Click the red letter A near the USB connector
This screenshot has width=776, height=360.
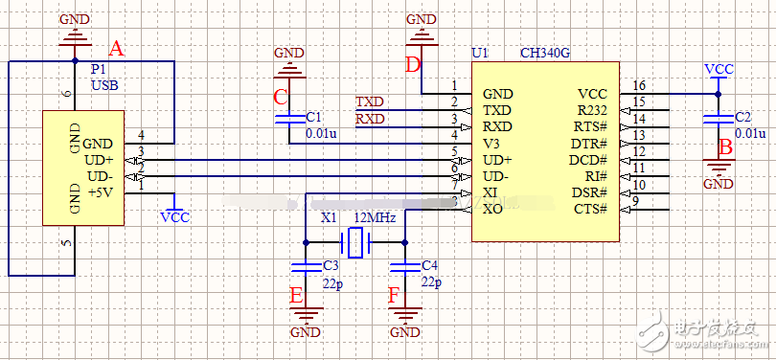tap(117, 48)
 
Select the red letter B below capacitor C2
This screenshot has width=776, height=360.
tap(725, 147)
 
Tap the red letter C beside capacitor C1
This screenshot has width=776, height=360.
tap(280, 97)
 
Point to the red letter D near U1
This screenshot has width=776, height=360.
tap(413, 65)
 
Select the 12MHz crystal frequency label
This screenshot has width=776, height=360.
tap(375, 218)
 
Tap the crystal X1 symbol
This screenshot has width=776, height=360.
tap(356, 242)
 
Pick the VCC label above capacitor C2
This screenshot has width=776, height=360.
tap(719, 69)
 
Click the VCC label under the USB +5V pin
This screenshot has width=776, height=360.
tap(175, 217)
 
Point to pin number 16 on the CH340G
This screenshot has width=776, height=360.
tap(639, 85)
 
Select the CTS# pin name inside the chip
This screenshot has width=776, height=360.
tap(589, 209)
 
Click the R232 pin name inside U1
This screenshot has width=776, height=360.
tap(591, 111)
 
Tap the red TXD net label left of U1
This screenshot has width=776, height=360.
tap(369, 101)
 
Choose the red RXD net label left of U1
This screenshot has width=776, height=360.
tap(369, 119)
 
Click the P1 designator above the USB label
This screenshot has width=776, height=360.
tap(98, 70)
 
